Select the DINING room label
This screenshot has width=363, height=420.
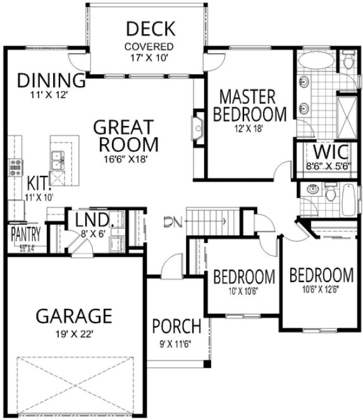(51, 81)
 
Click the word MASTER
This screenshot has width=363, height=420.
(247, 97)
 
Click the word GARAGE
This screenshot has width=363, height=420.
(73, 314)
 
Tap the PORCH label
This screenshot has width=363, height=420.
(177, 328)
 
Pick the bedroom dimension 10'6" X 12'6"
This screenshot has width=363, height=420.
(321, 290)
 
